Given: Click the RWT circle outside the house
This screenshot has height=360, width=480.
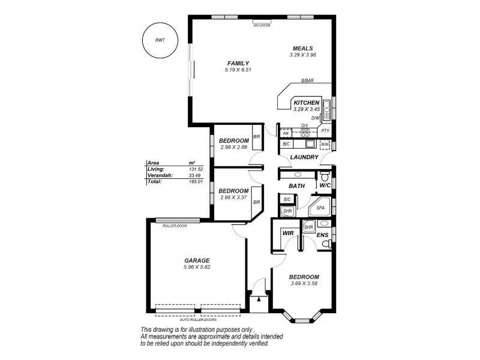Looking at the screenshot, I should pos(160,41).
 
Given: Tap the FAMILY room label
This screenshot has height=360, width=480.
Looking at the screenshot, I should pos(238,63).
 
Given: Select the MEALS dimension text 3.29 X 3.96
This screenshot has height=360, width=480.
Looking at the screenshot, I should pos(302,55).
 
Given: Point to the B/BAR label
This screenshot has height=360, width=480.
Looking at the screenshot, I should pos(307,81).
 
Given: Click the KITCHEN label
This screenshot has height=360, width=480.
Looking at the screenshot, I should pos(306,103).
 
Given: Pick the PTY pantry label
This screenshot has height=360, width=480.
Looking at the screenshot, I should pos(325,131).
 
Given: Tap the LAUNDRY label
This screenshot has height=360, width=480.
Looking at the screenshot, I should pos(304,157).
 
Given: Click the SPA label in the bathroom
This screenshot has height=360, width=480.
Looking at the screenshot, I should pos(320,208).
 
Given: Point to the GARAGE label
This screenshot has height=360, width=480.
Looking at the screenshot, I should pos(197,260).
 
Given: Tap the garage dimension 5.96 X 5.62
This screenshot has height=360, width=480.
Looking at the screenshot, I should pos(197,267).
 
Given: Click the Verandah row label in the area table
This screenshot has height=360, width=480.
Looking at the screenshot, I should pos(158,175).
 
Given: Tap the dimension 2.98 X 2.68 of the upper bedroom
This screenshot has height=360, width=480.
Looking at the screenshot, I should pos(233,147).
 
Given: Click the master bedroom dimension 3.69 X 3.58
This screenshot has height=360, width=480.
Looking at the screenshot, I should pos(304,283).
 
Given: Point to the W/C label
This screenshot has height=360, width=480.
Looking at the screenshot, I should pos(325,186).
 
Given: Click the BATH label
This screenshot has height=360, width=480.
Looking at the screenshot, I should pos(296,186).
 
